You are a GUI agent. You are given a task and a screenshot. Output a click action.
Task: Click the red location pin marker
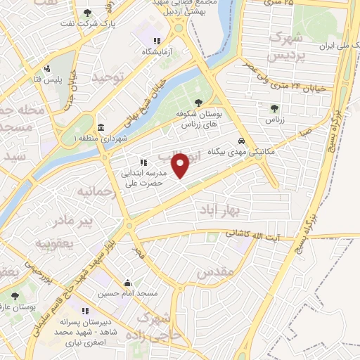pos(181,165)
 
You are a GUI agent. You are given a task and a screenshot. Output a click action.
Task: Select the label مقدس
pos(214,271)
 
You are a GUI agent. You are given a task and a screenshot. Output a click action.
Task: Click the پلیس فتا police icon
pos(47,69)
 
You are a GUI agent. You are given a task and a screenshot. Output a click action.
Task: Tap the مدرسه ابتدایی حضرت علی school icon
pos(143,162)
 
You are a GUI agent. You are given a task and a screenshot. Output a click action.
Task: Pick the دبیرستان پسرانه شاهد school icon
pos(85,311)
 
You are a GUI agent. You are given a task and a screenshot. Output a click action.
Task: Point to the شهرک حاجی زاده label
pos(167,325)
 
